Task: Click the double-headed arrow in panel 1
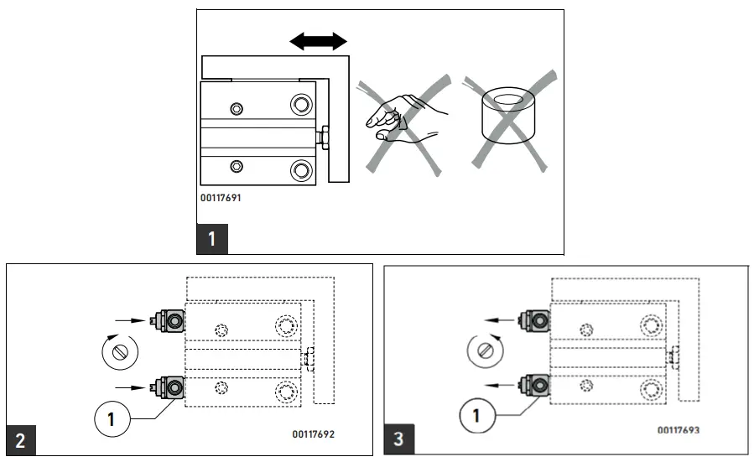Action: point(317,41)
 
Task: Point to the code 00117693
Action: point(679,430)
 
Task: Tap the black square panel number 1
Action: point(211,238)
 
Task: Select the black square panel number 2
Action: point(21,440)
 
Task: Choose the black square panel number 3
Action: point(398,439)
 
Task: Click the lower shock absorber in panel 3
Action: point(534,385)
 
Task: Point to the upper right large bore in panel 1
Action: point(299,104)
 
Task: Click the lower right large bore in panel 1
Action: point(299,171)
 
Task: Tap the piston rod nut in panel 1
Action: point(323,136)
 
